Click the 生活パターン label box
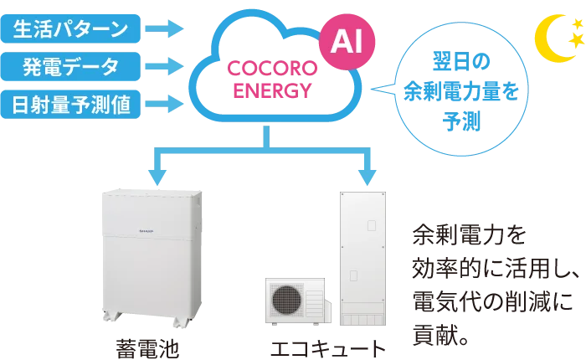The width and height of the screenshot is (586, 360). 69,27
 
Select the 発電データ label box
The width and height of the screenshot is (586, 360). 69,66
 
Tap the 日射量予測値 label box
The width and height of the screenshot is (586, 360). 69,105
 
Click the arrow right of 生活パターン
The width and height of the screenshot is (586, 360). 163,27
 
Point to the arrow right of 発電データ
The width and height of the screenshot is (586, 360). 163,66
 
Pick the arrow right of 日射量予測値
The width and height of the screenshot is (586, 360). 163,105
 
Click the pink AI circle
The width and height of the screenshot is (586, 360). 347,41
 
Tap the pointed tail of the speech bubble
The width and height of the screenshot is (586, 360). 377,87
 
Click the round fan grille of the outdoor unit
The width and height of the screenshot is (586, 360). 287,300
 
